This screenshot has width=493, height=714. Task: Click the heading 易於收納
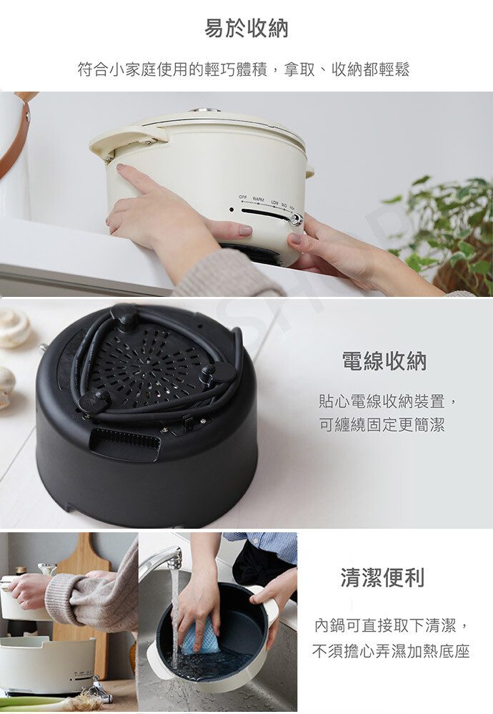tap(246, 28)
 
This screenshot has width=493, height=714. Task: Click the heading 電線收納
tap(384, 361)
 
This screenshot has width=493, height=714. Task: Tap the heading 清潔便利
tap(382, 577)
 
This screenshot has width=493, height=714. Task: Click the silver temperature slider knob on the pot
tap(297, 219)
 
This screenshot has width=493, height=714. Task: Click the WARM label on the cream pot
tap(259, 200)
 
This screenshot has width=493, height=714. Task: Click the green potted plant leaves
tap(441, 228)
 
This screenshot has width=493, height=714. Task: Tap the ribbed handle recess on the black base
tap(126, 440)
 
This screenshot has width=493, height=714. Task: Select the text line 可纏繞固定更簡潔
tap(382, 425)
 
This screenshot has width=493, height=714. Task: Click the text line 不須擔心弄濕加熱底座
tap(391, 651)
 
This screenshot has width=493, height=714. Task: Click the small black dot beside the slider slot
tap(231, 210)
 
